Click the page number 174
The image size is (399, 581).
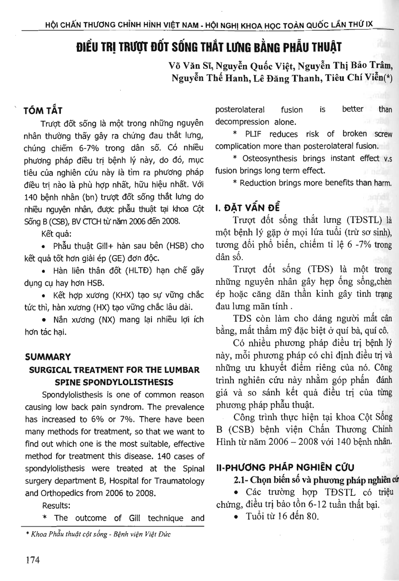tap(33, 560)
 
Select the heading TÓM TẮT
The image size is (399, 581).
tap(43, 111)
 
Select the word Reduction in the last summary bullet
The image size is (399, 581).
tap(259, 183)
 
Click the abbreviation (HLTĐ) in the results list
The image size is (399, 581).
tap(140, 271)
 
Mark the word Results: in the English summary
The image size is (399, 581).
tap(56, 506)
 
